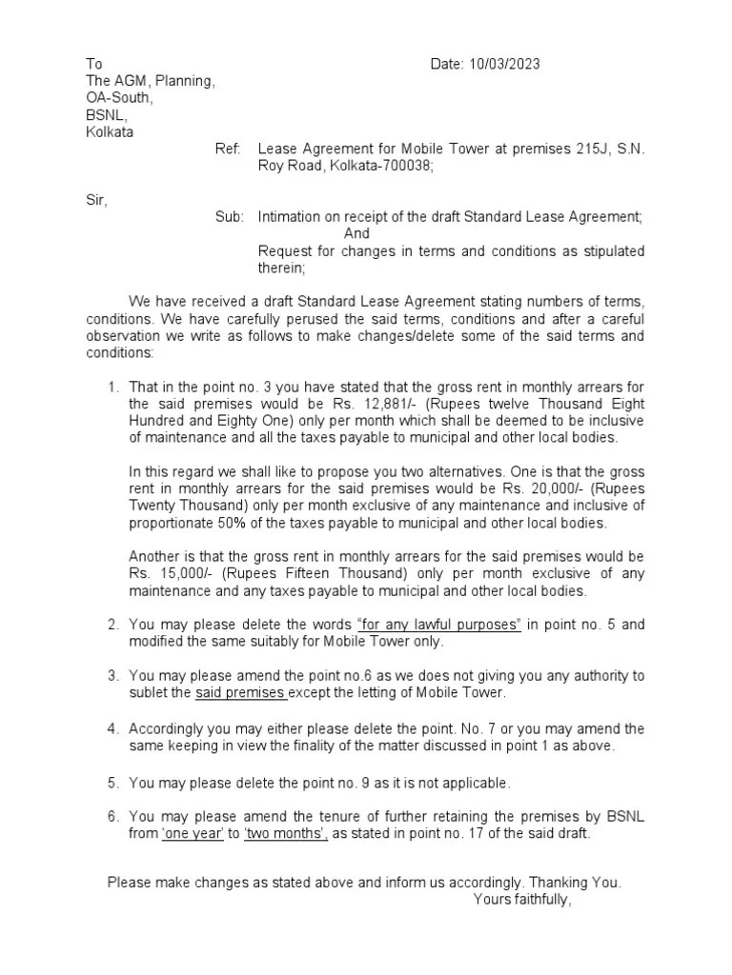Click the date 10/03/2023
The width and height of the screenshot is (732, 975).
point(506,64)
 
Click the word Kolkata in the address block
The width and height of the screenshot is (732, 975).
point(110,132)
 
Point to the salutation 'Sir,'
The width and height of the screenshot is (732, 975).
point(96,200)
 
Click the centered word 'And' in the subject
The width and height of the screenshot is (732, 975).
point(356,233)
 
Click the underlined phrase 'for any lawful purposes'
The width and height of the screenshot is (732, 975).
point(439,625)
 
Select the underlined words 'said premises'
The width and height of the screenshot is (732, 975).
point(242,692)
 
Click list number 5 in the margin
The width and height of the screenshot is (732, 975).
point(112,783)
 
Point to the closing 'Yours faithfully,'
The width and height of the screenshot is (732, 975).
point(522,900)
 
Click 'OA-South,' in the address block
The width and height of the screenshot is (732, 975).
point(118,98)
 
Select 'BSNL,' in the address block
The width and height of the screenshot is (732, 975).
point(106,115)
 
